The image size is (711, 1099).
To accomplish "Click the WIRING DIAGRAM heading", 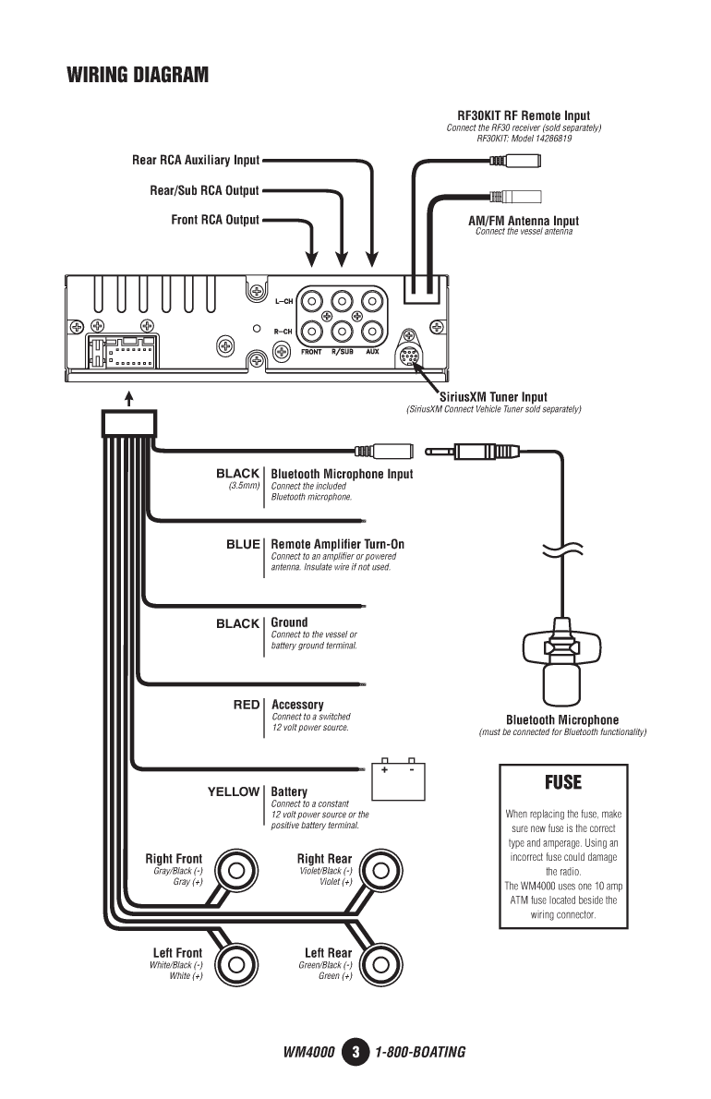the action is pyautogui.click(x=138, y=75).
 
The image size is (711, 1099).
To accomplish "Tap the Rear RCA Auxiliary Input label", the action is pyautogui.click(x=196, y=160).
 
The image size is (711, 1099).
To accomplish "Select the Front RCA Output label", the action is pyautogui.click(x=215, y=220).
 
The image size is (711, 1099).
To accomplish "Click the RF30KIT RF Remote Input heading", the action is pyautogui.click(x=524, y=115).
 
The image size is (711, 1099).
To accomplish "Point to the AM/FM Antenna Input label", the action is pyautogui.click(x=524, y=221).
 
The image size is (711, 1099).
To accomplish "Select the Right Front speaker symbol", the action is pyautogui.click(x=236, y=871).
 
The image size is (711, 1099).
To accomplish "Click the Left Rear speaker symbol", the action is pyautogui.click(x=380, y=964).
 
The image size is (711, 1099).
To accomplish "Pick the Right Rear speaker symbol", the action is pyautogui.click(x=380, y=871).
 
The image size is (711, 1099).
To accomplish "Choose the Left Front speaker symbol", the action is pyautogui.click(x=236, y=964).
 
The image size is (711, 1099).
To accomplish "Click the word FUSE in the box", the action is pyautogui.click(x=563, y=782).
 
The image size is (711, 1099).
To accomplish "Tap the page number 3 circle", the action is pyautogui.click(x=355, y=1052).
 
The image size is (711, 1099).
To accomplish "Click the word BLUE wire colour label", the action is pyautogui.click(x=243, y=544).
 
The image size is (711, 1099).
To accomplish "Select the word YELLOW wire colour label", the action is pyautogui.click(x=234, y=791).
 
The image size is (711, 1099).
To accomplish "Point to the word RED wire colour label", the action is pyautogui.click(x=247, y=705).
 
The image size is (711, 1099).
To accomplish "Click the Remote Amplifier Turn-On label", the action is pyautogui.click(x=338, y=544).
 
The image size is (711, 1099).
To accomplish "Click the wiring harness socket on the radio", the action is pyautogui.click(x=122, y=351).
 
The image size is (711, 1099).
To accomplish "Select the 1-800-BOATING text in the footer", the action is pyautogui.click(x=420, y=1052).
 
